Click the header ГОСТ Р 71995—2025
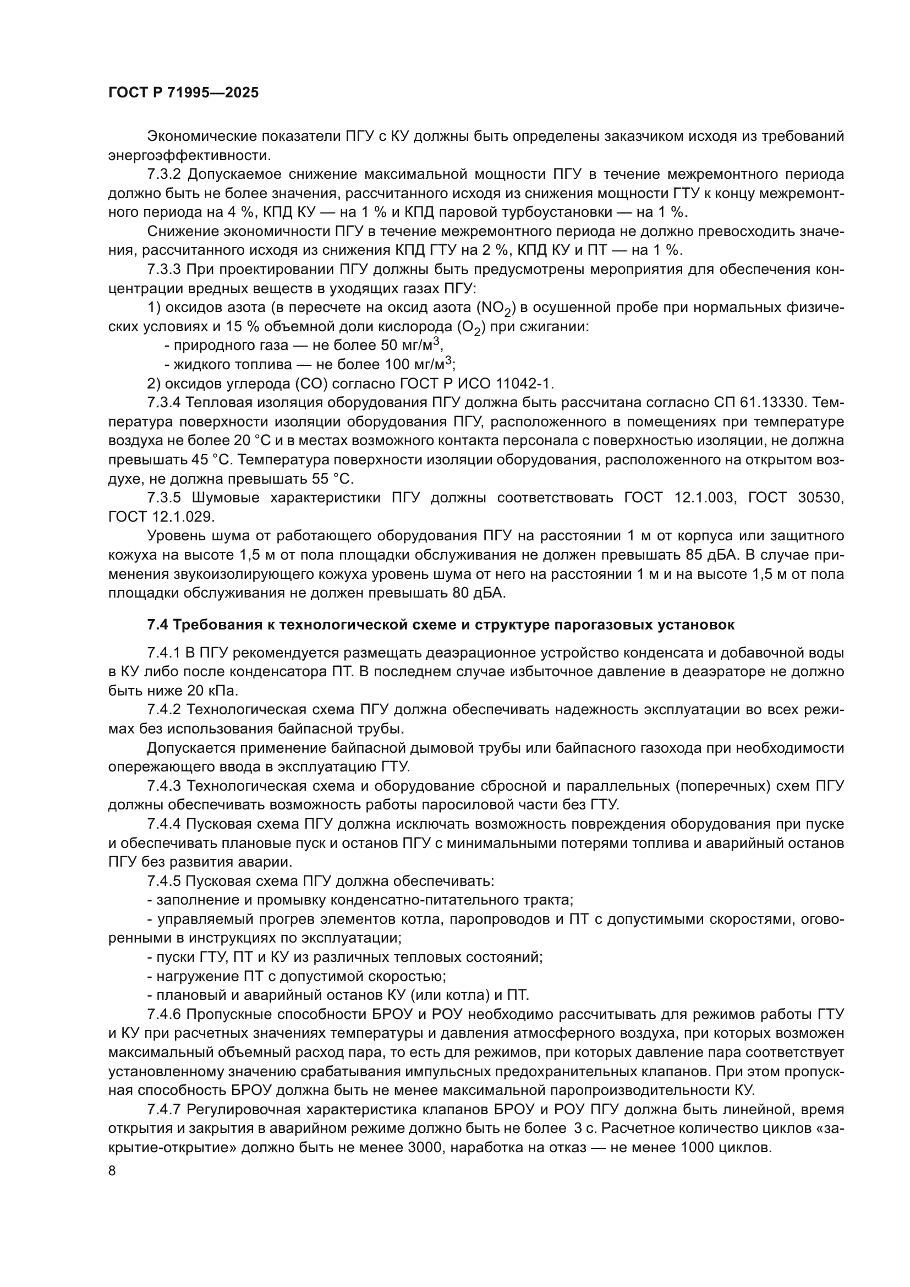coord(183,93)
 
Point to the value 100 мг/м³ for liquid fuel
coord(418,364)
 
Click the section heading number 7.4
coord(157,625)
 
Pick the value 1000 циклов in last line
coord(726,1147)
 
